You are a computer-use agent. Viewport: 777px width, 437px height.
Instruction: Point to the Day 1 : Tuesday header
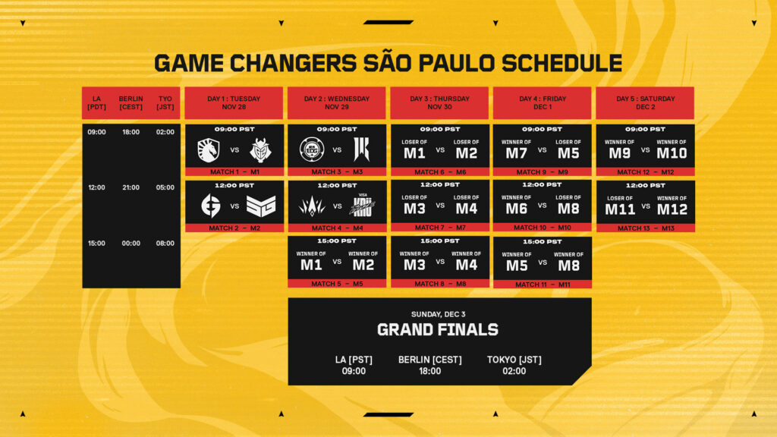[x=234, y=103]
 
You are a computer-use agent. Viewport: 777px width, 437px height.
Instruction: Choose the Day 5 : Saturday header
[x=645, y=103]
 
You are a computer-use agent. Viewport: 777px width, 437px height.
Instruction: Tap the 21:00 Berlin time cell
[x=131, y=187]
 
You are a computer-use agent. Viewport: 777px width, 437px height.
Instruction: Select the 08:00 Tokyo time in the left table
[x=165, y=244]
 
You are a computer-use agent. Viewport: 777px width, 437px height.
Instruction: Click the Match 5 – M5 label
[x=337, y=284]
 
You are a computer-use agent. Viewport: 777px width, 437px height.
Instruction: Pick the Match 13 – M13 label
[x=645, y=228]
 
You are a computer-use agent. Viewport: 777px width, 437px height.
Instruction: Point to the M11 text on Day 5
[x=620, y=209]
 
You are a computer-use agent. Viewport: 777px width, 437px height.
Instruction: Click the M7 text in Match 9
[x=517, y=152]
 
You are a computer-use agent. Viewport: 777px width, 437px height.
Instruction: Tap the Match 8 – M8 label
[x=439, y=284]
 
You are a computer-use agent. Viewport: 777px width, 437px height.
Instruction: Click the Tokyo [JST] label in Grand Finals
[x=514, y=360]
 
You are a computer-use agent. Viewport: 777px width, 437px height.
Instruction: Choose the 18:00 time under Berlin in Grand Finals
[x=429, y=371]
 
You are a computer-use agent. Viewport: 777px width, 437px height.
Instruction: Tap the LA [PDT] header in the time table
[x=96, y=103]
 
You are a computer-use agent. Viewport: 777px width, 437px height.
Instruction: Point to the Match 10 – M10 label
[x=542, y=228]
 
